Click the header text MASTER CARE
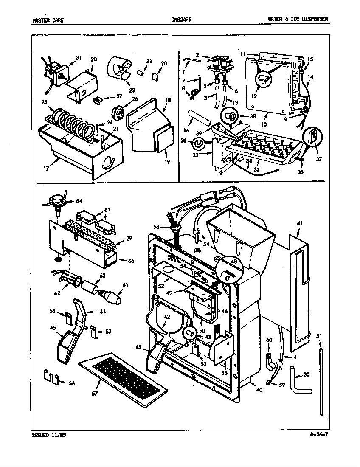(x=48, y=20)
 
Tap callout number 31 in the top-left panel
(x=78, y=58)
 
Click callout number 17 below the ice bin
(x=46, y=169)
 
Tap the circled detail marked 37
(x=313, y=136)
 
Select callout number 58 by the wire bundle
(x=156, y=227)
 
